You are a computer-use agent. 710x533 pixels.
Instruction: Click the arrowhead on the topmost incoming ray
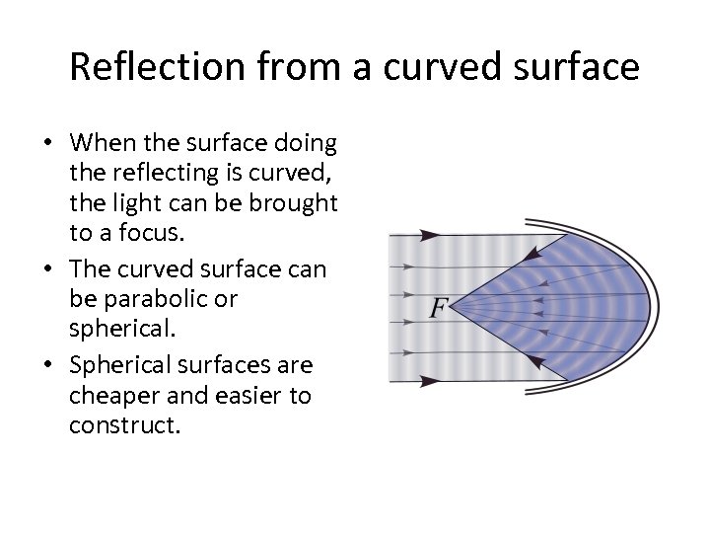click(x=430, y=235)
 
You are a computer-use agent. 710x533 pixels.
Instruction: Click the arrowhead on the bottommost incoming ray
click(x=430, y=379)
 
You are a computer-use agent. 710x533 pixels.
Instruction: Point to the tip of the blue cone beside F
click(x=454, y=307)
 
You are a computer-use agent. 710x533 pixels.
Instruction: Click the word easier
click(x=248, y=396)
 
